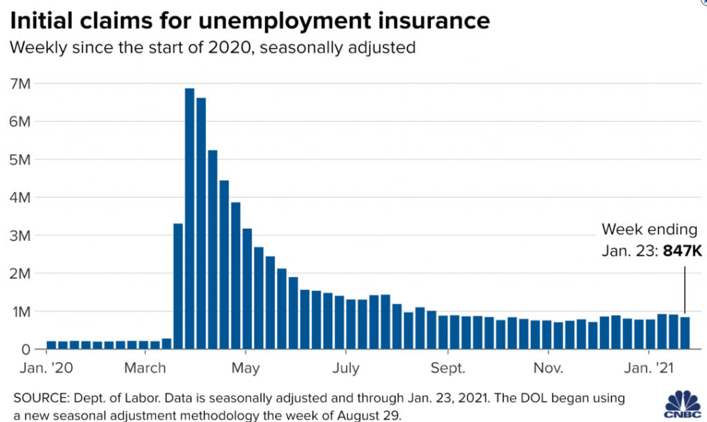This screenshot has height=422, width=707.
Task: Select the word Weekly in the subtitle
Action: (42, 48)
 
